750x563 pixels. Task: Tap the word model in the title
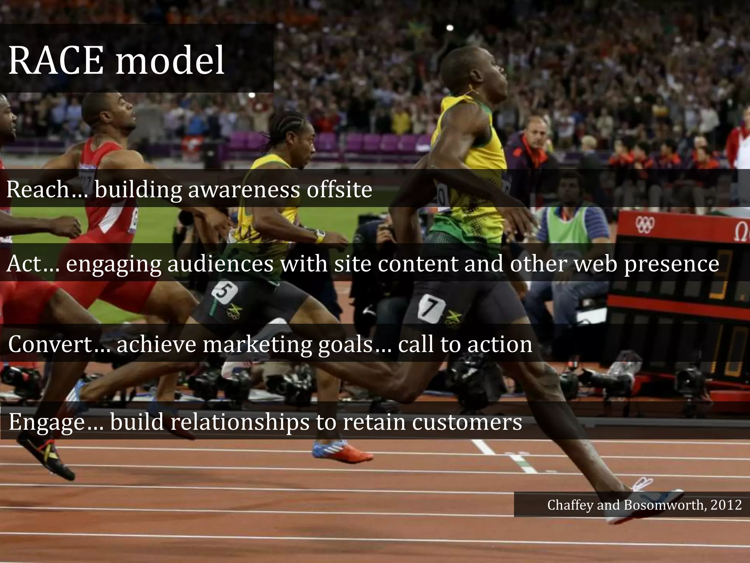[170, 61]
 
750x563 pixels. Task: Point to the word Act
[24, 264]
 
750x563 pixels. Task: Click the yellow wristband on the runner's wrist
[320, 238]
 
